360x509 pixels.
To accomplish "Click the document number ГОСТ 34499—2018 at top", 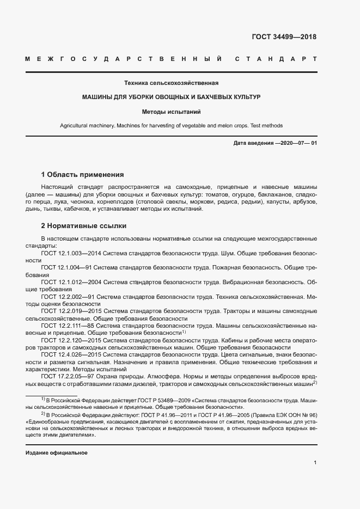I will point(283,38).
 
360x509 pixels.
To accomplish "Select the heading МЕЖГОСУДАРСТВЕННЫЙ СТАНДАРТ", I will point(170,59).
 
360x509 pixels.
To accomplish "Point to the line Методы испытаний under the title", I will point(171,112).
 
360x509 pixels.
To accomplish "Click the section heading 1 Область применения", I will point(83,175).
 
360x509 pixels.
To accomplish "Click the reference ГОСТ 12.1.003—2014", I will point(70,253).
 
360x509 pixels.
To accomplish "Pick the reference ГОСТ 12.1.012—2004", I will point(70,282).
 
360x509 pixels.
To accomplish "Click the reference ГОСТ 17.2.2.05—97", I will point(69,376).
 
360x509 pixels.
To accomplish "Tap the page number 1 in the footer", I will point(315,463).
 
